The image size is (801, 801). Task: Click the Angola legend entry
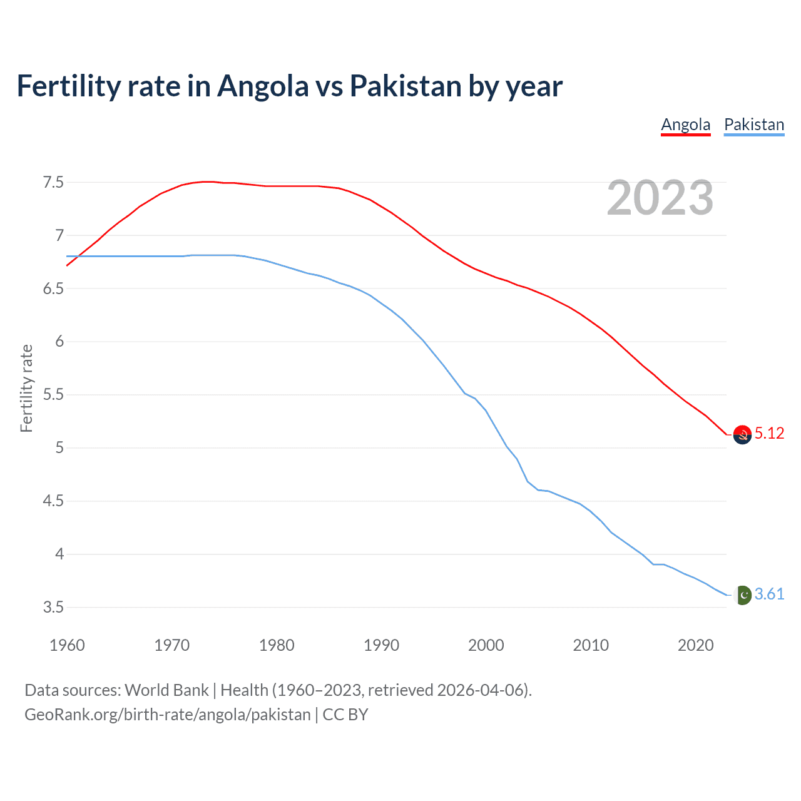(685, 125)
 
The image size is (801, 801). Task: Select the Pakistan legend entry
(753, 125)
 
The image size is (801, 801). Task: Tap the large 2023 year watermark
(660, 198)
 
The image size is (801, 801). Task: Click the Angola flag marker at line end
(742, 434)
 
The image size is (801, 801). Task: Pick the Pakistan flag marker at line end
(742, 594)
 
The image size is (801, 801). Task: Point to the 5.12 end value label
(769, 433)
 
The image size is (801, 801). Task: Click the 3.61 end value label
(769, 594)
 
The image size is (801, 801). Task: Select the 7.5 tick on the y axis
(53, 183)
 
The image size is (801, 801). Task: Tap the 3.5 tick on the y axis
(53, 608)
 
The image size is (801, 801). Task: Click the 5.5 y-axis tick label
(53, 395)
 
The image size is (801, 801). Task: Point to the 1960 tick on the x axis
(67, 645)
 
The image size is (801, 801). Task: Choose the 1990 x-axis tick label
(381, 645)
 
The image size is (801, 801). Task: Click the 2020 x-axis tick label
(695, 645)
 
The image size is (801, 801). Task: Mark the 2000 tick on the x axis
(486, 645)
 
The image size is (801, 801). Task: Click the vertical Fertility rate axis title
(26, 388)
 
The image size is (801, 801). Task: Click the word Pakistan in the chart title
(405, 86)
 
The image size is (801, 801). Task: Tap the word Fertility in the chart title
(68, 86)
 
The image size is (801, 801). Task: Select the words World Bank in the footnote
(166, 690)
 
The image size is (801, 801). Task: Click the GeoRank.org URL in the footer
(167, 715)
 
